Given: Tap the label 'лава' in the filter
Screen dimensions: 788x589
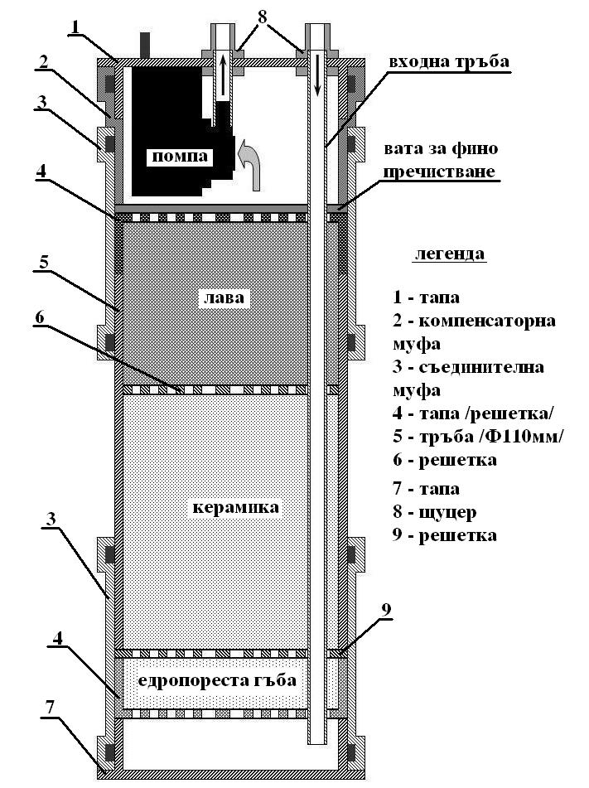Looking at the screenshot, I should (x=214, y=297).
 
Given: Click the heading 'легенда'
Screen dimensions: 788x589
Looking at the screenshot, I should (x=449, y=254).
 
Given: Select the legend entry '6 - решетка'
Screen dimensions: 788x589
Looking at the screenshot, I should (x=445, y=460).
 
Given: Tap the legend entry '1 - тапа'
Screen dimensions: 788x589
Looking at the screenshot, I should (x=426, y=297).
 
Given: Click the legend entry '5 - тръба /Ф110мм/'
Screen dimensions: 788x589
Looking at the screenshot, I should (x=478, y=436).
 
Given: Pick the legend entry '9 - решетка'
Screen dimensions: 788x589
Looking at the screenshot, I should (x=445, y=535).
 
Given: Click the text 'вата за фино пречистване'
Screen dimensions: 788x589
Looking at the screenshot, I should (x=439, y=161).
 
